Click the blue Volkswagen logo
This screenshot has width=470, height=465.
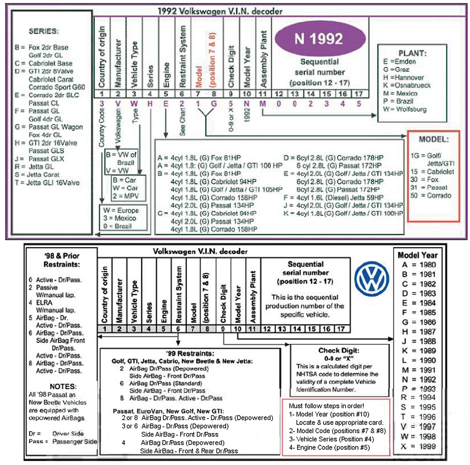pos(372,279)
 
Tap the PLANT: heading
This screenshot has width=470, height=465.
pos(412,53)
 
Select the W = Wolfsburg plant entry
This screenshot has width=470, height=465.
pos(404,109)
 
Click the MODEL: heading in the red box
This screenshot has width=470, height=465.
pos(434,139)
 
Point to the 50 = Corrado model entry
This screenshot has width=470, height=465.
pos(431,195)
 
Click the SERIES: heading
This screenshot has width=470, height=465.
pos(43,31)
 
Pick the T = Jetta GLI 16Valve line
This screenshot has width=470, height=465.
pos(47,183)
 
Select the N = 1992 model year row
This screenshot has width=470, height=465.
pos(419,379)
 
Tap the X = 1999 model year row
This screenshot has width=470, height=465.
pos(419,446)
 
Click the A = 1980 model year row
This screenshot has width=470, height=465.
pos(419,265)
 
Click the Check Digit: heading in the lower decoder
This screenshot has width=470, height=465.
pos(339,350)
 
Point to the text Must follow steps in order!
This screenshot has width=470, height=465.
pos(326,406)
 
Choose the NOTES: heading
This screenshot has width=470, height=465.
pos(63,387)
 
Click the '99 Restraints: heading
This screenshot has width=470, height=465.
pos(190,353)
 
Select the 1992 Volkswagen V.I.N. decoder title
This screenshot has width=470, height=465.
pos(220,11)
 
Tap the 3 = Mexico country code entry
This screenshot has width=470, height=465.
pos(120,218)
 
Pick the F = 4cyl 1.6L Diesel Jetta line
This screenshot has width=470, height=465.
pos(333,198)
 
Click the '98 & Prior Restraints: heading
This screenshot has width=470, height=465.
pos(62,260)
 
